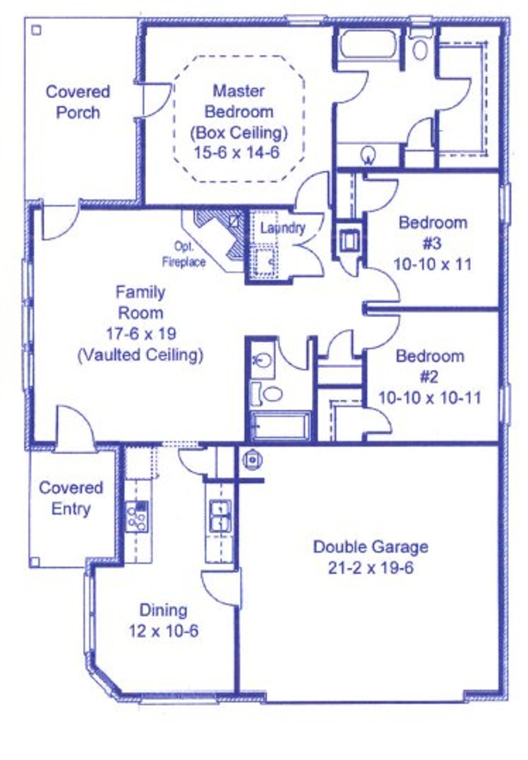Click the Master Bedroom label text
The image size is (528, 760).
tap(239, 101)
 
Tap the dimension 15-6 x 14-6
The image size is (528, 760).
tap(237, 152)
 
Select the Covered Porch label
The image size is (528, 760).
tap(78, 102)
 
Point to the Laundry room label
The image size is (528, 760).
tap(283, 227)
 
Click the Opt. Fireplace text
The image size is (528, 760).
tap(184, 254)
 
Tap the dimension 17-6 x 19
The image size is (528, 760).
tap(141, 334)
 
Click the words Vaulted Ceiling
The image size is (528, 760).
tap(141, 355)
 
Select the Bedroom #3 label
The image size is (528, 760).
tap(432, 233)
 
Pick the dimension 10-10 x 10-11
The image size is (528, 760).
tap(430, 398)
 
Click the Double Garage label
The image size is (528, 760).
tap(370, 547)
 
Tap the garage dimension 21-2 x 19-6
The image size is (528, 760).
tap(370, 568)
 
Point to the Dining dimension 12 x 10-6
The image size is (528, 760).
tap(163, 631)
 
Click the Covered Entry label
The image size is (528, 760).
tap(71, 498)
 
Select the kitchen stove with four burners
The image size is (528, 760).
tap(137, 516)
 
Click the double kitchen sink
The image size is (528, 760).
tap(220, 516)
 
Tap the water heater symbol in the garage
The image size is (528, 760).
tap(251, 459)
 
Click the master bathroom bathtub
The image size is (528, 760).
tap(368, 44)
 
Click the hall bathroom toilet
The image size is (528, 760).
tap(268, 393)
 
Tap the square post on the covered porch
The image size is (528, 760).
tap(36, 30)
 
